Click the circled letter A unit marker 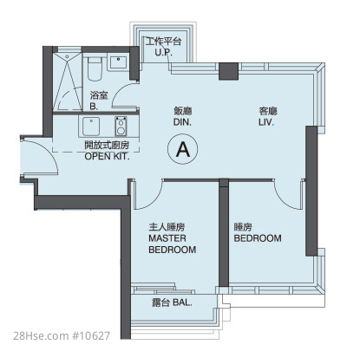[x=183, y=149]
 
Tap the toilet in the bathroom [x=95, y=69]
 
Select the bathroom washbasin [x=118, y=63]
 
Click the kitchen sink [x=91, y=127]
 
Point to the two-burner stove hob [x=121, y=126]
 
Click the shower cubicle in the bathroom [x=68, y=81]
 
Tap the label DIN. [x=182, y=122]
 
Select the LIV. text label [x=266, y=122]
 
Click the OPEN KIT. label [x=107, y=156]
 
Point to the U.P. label [x=163, y=53]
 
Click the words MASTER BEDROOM [x=173, y=244]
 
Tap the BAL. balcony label [x=182, y=302]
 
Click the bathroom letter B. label [x=94, y=107]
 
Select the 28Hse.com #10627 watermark [x=62, y=335]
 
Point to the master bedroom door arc [x=154, y=200]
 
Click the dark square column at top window [x=228, y=71]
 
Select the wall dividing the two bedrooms [x=224, y=232]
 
